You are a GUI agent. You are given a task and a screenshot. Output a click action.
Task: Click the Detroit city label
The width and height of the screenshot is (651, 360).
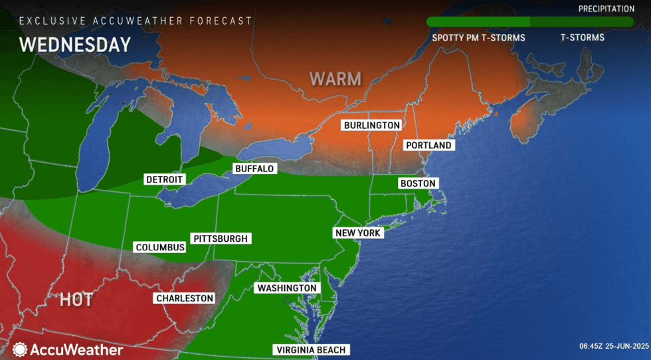pyautogui.click(x=164, y=180)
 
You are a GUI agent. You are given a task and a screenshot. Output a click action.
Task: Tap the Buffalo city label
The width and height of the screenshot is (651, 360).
pyautogui.click(x=254, y=169)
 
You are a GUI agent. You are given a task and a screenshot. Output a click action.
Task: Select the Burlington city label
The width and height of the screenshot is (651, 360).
pyautogui.click(x=371, y=125)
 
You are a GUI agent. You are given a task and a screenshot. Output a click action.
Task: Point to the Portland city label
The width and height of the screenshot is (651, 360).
pyautogui.click(x=428, y=145)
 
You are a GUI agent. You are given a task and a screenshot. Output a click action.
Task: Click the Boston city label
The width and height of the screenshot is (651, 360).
pyautogui.click(x=417, y=183)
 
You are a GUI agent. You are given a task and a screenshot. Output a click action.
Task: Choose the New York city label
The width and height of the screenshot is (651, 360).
pyautogui.click(x=357, y=233)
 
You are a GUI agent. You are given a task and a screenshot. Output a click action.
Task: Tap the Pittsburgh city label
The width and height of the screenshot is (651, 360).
pyautogui.click(x=220, y=238)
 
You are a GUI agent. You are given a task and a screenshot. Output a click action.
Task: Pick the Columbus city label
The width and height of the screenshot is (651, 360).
pyautogui.click(x=160, y=247)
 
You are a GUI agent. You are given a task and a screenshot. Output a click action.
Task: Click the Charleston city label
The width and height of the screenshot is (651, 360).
pyautogui.click(x=185, y=298)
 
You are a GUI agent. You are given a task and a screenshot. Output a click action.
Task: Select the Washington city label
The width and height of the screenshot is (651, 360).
pyautogui.click(x=287, y=288)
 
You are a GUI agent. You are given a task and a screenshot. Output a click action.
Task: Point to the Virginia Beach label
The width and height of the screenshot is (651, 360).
pyautogui.click(x=311, y=350)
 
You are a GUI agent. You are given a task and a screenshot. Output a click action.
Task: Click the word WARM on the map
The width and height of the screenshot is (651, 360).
pyautogui.click(x=335, y=79)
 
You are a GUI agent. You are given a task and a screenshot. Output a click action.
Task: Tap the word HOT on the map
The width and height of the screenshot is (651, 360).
pyautogui.click(x=76, y=300)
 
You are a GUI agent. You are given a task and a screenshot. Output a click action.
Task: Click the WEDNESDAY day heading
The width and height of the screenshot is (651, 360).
pyautogui.click(x=74, y=45)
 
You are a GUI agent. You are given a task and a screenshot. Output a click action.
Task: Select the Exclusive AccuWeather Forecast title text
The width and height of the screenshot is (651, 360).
pyautogui.click(x=136, y=21)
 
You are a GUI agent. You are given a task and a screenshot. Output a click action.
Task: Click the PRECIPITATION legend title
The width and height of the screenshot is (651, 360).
pyautogui.click(x=606, y=9)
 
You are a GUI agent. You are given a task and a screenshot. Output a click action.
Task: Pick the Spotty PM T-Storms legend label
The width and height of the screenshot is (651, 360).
pyautogui.click(x=478, y=38)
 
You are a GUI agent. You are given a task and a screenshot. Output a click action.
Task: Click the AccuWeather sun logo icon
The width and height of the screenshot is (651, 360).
pyautogui.click(x=19, y=349)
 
